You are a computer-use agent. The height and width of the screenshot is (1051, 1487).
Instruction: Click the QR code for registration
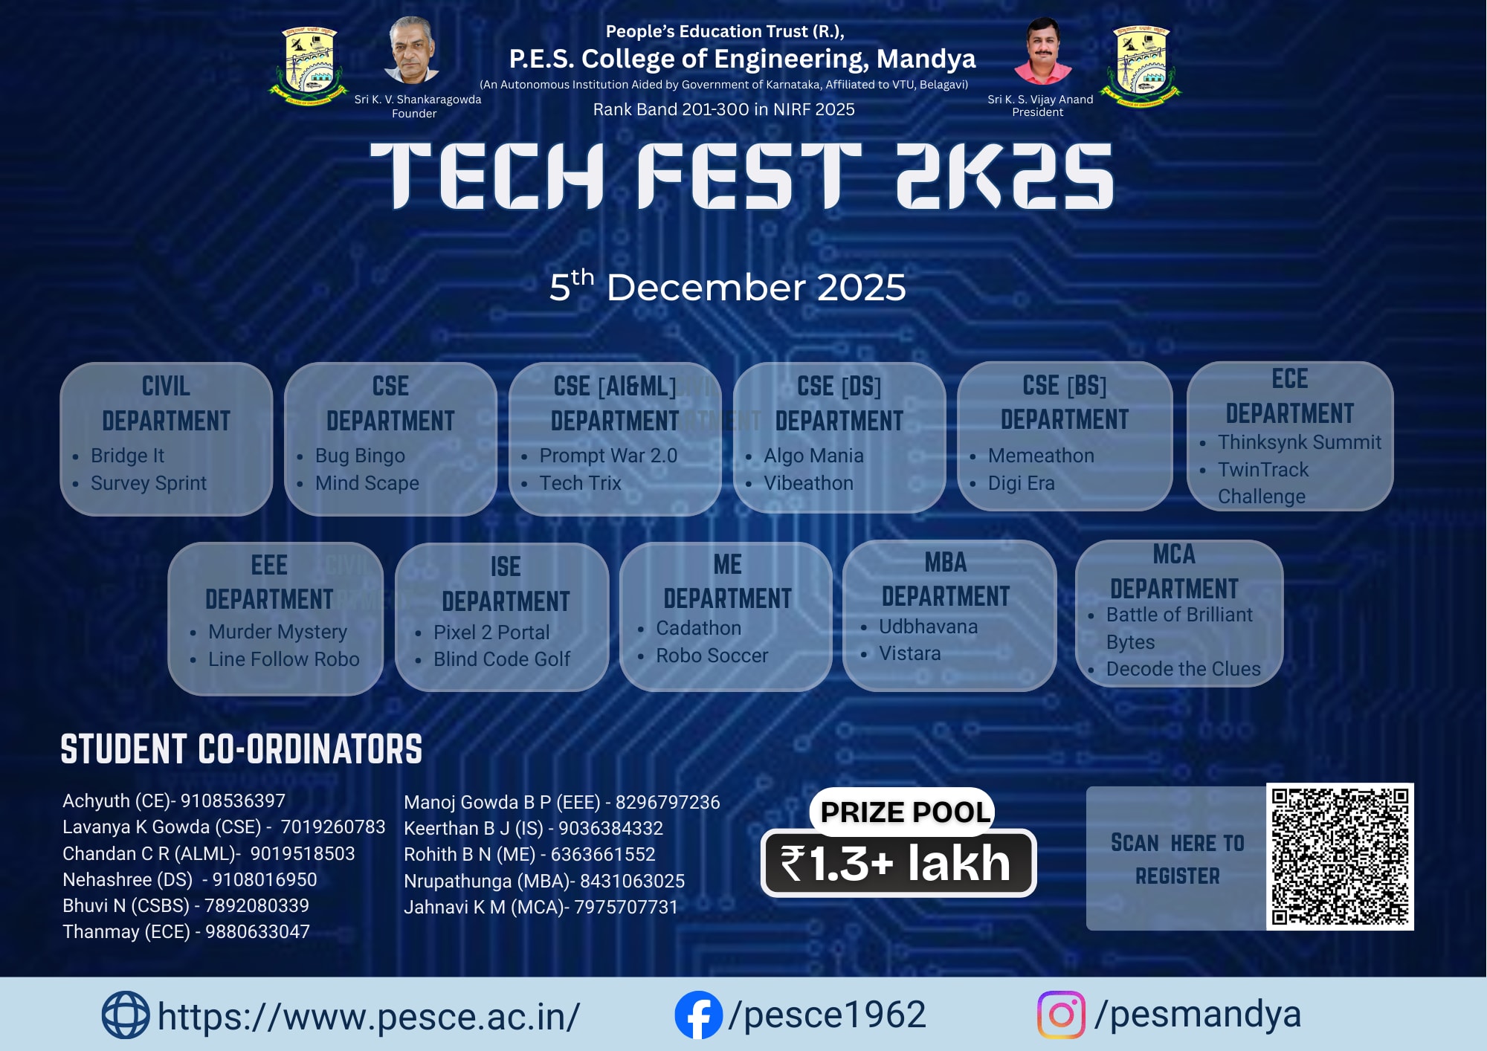pyautogui.click(x=1340, y=856)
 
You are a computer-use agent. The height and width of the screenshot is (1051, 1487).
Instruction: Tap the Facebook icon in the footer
pyautogui.click(x=698, y=1015)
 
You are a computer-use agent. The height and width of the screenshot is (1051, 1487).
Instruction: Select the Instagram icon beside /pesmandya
pyautogui.click(x=1061, y=1015)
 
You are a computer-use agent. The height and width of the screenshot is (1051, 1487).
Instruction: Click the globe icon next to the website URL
pyautogui.click(x=125, y=1015)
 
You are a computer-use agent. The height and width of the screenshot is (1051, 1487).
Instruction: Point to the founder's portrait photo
pyautogui.click(x=411, y=51)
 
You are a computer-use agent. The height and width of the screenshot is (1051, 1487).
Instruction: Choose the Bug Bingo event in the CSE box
pyautogui.click(x=360, y=456)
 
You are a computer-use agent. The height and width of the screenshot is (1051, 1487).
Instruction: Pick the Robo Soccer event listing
pyautogui.click(x=712, y=656)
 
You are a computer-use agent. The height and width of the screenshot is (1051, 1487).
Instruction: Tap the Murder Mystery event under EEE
pyautogui.click(x=277, y=632)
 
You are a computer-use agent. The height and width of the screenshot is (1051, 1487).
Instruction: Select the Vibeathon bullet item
pyautogui.click(x=808, y=483)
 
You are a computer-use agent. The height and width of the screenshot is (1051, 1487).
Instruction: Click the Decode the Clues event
pyautogui.click(x=1183, y=669)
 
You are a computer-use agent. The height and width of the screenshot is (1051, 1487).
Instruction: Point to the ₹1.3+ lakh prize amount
pyautogui.click(x=898, y=864)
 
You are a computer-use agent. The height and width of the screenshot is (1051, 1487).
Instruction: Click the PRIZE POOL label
pyautogui.click(x=905, y=812)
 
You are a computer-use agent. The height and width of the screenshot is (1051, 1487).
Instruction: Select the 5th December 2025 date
pyautogui.click(x=727, y=287)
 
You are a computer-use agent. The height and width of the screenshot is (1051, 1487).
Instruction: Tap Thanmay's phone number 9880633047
pyautogui.click(x=257, y=932)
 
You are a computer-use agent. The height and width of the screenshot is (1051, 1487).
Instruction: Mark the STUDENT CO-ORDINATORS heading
pyautogui.click(x=241, y=749)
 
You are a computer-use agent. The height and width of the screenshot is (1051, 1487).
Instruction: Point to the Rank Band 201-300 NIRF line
pyautogui.click(x=723, y=110)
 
